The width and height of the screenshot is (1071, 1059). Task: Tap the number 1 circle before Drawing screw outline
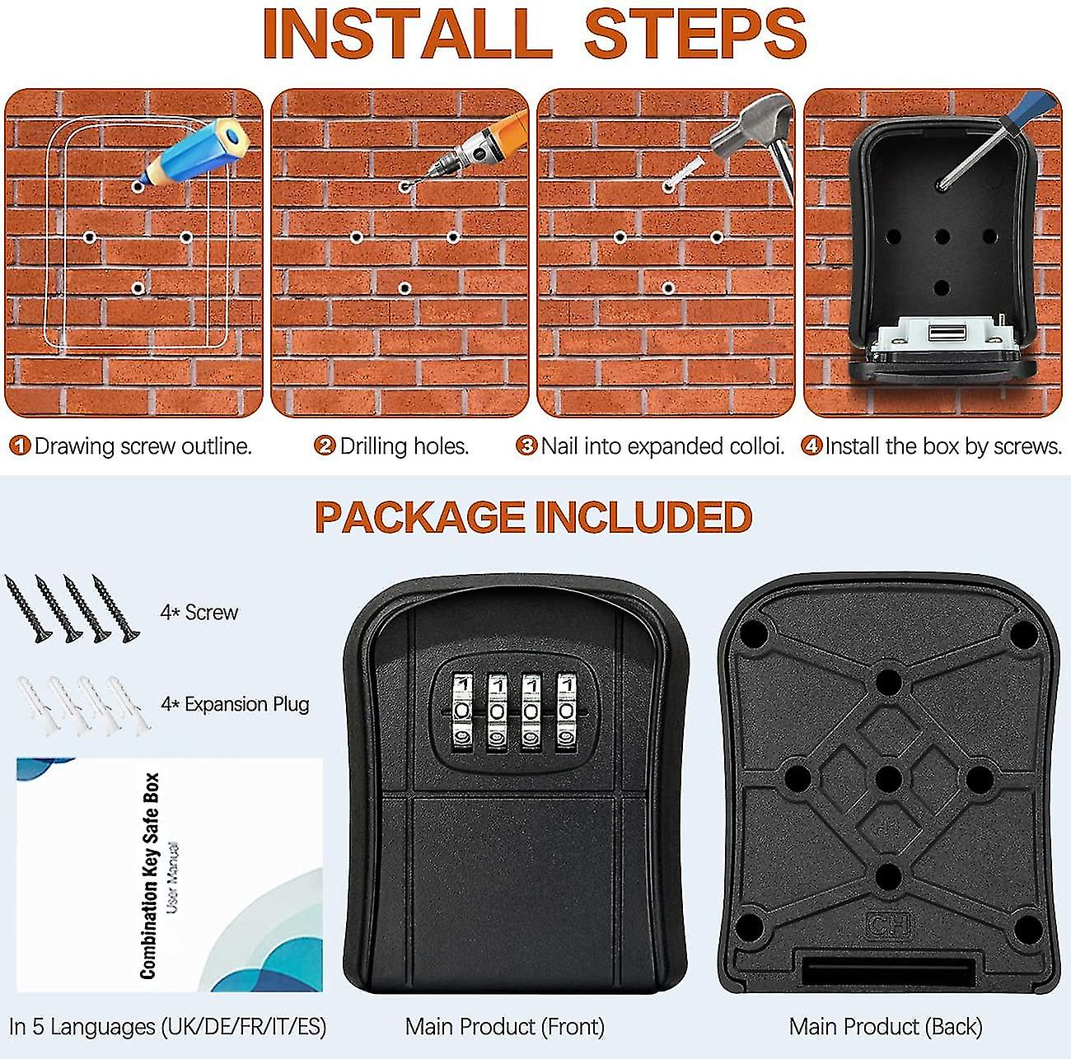click(20, 446)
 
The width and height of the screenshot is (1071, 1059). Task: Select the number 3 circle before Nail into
click(526, 446)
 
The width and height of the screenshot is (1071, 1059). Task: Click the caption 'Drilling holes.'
click(404, 446)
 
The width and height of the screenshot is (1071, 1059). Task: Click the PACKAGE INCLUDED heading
click(533, 518)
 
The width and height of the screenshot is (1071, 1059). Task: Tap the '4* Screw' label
click(199, 613)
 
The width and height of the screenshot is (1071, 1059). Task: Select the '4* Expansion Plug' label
click(235, 704)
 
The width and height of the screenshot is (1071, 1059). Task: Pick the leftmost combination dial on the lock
click(462, 712)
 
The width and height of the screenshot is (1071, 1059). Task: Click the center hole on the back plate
click(887, 777)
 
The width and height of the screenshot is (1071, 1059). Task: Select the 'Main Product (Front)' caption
click(504, 1027)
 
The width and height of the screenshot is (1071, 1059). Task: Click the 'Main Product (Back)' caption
click(885, 1027)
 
